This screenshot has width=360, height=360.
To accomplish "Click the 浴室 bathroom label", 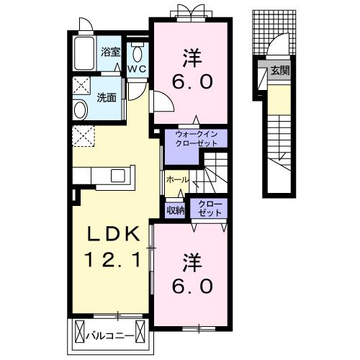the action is point(110,52).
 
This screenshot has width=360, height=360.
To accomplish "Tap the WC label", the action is point(137,69).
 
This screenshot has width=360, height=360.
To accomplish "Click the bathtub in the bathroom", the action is point(84,53).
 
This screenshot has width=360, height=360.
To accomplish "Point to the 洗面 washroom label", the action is point(107,97).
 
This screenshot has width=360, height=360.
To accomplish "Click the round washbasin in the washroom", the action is point(80,110).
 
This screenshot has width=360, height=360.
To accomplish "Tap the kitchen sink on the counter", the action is point(117,176).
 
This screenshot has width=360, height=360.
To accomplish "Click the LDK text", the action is point(113,234).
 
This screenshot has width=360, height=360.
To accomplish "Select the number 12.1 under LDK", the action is point(113,261).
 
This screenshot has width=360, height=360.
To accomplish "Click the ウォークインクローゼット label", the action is point(196,138).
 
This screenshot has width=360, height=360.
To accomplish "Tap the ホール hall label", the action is point(177,179).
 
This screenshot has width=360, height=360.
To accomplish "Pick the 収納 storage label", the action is point(176,210).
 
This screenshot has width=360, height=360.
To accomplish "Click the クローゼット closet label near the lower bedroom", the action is point(210,209).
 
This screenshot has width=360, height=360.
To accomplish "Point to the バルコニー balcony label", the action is point(110,336).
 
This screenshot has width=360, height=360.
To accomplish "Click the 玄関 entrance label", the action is point(280,71).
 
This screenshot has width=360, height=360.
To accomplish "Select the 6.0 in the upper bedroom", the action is point(192,81).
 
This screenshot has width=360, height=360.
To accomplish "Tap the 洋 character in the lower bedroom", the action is point(192,264).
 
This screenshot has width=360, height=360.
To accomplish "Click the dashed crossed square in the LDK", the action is point(84,136).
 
